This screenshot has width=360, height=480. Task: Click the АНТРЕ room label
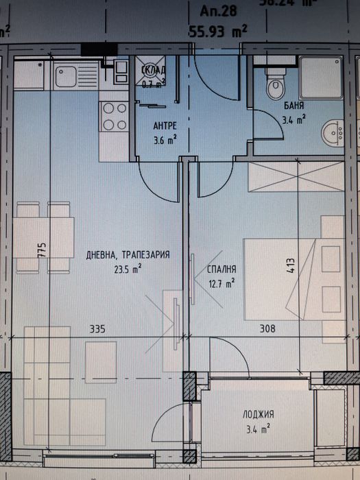(164, 125)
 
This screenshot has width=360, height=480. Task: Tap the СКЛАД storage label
(152, 71)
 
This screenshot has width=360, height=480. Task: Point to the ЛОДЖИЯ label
(259, 414)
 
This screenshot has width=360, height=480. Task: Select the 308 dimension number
(267, 329)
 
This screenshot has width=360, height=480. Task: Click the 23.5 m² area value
(128, 269)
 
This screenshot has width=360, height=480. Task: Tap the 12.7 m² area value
(222, 280)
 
